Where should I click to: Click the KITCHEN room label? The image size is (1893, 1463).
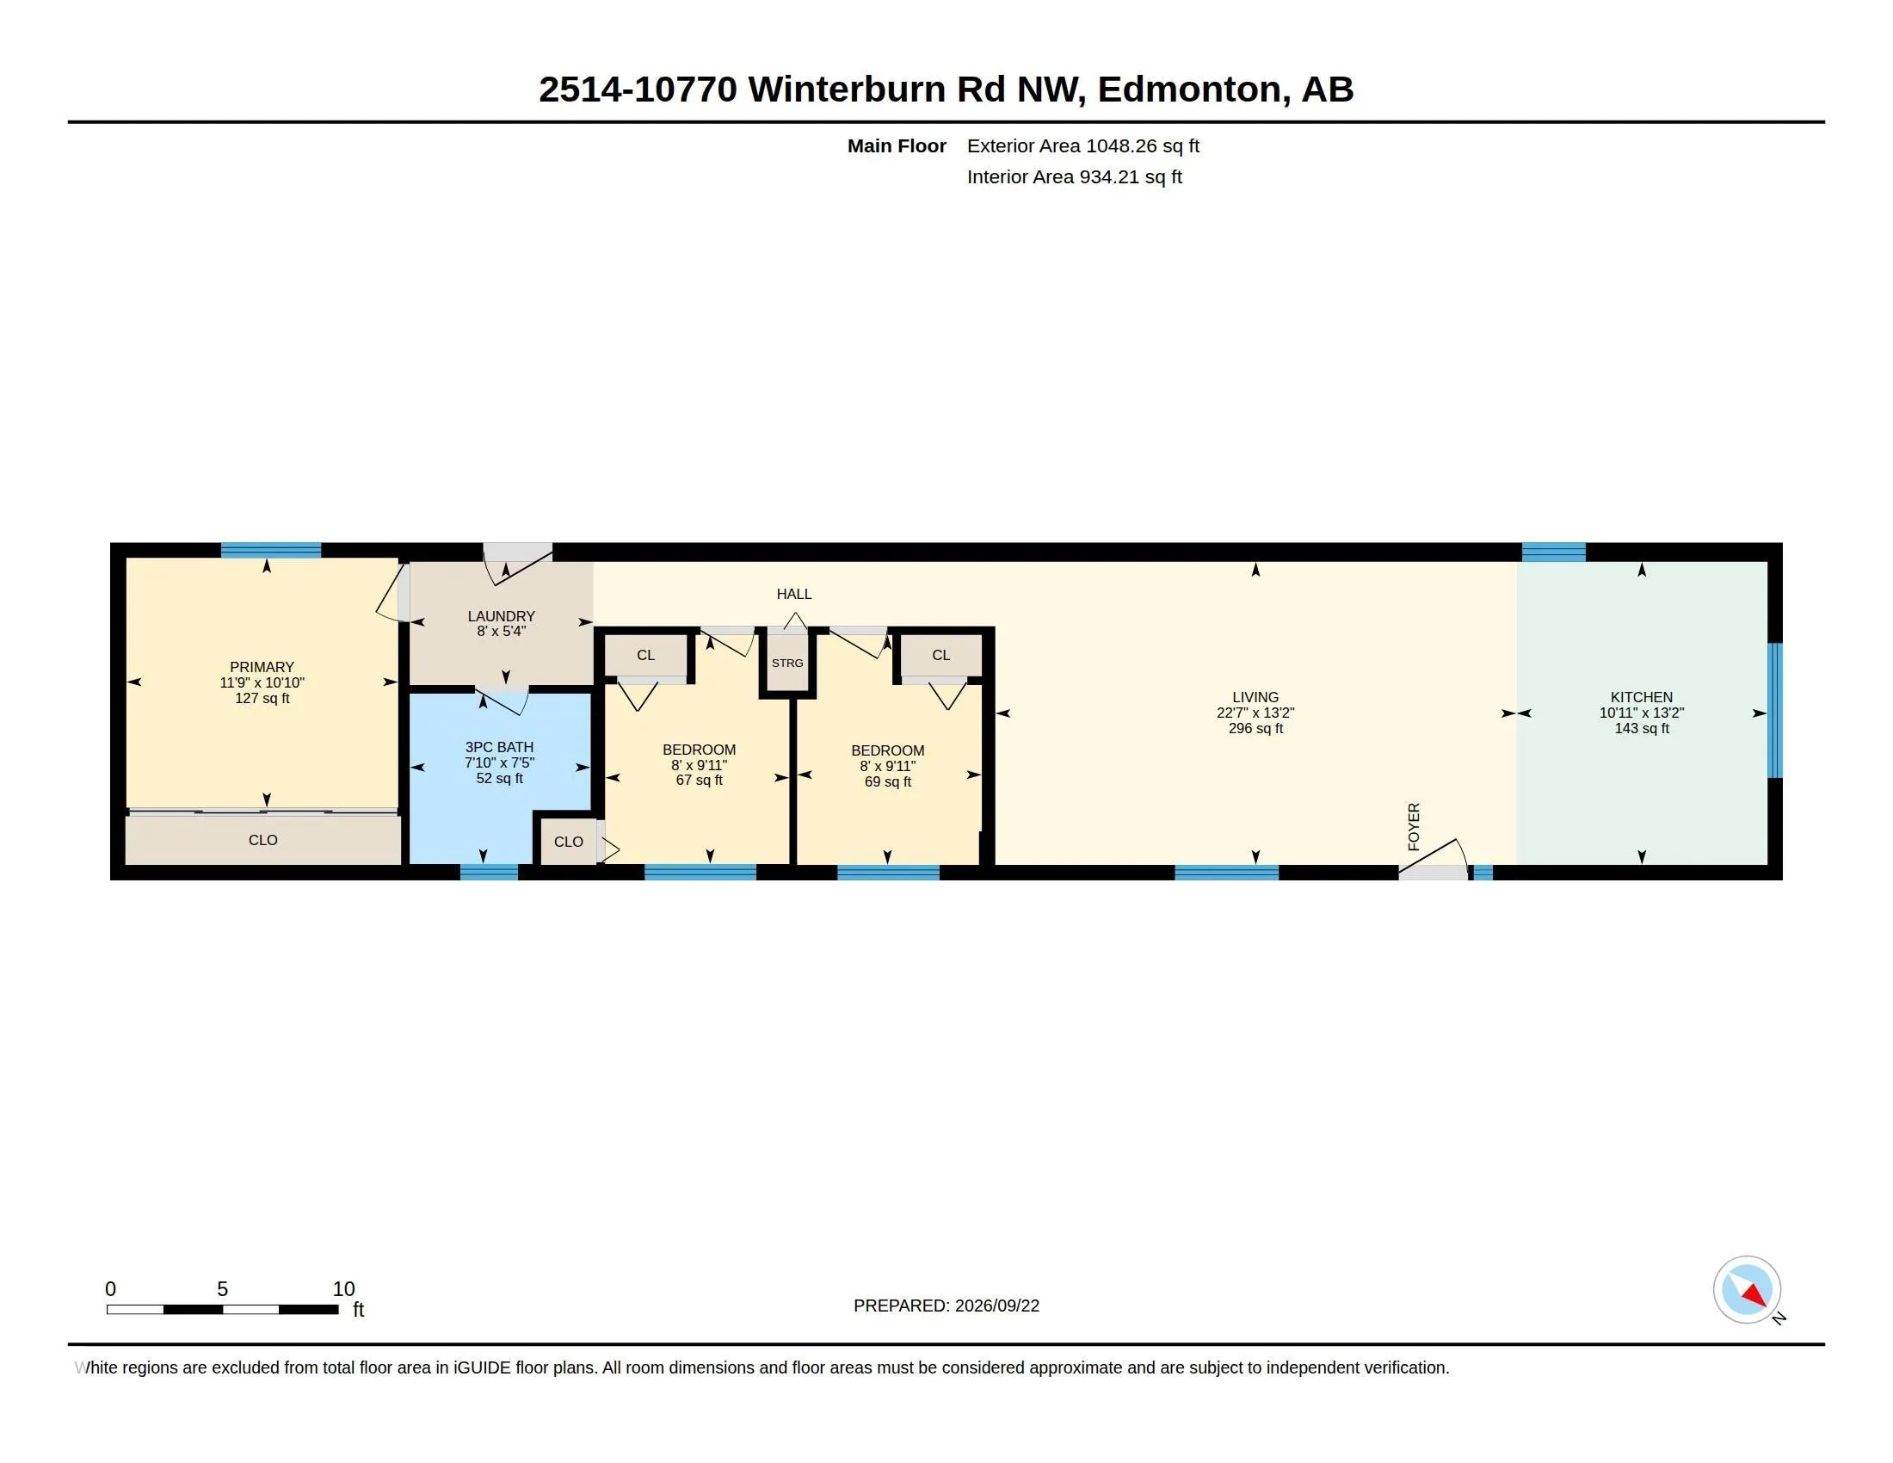1641,697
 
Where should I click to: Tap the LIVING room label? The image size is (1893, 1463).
1255,697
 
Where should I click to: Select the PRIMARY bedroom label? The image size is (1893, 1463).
262,667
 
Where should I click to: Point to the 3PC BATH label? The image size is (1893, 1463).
499,747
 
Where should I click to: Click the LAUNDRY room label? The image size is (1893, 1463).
501,616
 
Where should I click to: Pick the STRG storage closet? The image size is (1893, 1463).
787,662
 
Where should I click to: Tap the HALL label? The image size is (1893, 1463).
794,594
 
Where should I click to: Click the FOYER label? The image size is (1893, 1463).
1414,826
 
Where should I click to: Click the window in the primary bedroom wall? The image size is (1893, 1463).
270,550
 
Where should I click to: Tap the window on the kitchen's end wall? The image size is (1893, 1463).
1774,710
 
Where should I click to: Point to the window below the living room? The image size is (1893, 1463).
1226,872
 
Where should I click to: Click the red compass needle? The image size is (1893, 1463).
1755,1295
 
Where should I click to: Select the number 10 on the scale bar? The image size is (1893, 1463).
344,1289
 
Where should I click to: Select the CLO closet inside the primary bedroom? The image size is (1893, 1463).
262,840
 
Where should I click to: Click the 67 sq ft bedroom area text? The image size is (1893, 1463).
699,780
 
